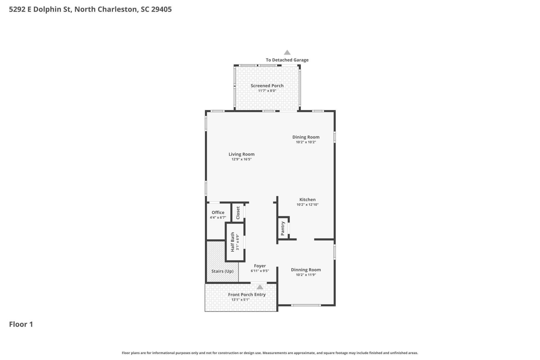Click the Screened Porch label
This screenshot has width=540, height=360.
(x=267, y=85)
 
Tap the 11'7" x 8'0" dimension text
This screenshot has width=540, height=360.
(x=267, y=91)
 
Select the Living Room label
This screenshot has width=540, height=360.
(x=241, y=154)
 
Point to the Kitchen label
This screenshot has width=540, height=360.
(x=307, y=199)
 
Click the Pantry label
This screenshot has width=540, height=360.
(x=283, y=228)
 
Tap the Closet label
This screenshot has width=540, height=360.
(x=238, y=213)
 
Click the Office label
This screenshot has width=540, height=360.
(x=218, y=212)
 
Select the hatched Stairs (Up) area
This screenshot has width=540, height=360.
(x=222, y=271)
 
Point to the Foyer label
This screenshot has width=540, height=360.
(x=260, y=266)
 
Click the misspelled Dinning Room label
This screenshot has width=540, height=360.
(x=306, y=270)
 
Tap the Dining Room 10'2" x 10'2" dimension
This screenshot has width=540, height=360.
(x=306, y=142)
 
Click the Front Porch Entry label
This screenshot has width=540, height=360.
(x=247, y=294)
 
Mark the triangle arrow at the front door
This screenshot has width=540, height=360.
(x=260, y=287)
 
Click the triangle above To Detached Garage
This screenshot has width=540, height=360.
(x=287, y=53)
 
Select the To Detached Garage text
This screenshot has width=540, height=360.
(x=287, y=60)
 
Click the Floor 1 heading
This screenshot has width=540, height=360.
(x=21, y=324)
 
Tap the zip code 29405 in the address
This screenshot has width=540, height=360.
(x=161, y=9)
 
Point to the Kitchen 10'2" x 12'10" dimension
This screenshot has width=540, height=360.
(x=307, y=204)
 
